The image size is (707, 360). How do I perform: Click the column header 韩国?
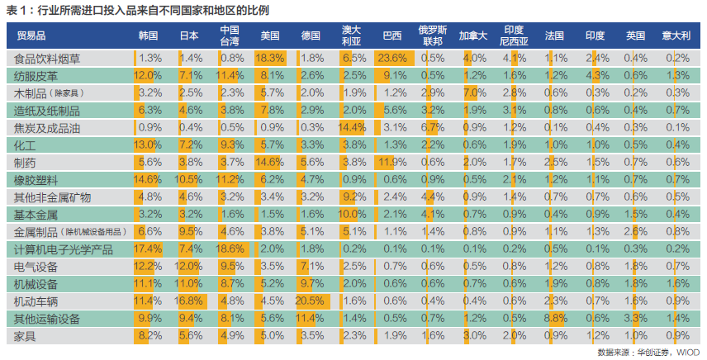[x=149, y=36]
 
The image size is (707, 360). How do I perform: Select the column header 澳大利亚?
[x=352, y=36]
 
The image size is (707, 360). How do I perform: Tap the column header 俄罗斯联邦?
[x=432, y=36]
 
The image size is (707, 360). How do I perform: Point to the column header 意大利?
[x=676, y=36]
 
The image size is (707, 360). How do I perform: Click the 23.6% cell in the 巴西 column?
[x=392, y=59]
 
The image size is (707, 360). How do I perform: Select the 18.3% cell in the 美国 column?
[x=271, y=59]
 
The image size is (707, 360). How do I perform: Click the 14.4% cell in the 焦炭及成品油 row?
[x=352, y=128]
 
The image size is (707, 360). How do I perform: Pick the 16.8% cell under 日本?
[x=190, y=301]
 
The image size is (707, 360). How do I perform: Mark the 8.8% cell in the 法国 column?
[x=554, y=319]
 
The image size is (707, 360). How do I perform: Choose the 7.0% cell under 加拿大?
[x=473, y=93]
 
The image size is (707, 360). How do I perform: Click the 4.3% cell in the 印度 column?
[x=595, y=76]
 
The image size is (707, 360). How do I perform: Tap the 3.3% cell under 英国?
[x=635, y=319]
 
